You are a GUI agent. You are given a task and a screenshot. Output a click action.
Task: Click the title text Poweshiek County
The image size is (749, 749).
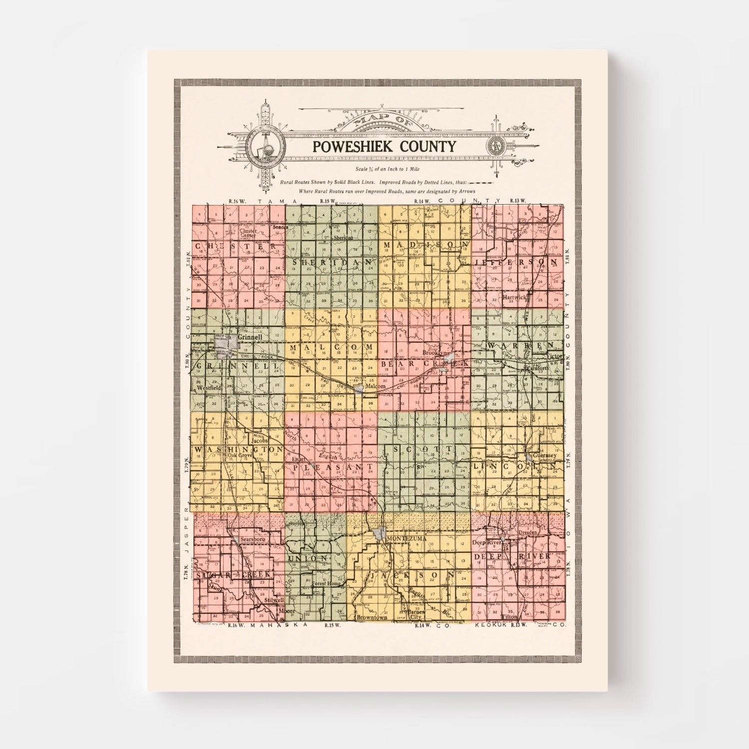384,146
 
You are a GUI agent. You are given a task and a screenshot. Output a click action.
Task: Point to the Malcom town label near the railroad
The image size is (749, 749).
375,386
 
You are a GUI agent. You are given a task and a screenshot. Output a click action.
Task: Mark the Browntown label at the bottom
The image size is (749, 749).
372,617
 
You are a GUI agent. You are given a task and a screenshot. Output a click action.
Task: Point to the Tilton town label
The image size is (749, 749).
510,617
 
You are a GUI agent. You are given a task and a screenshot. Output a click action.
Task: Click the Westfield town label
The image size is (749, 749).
209,387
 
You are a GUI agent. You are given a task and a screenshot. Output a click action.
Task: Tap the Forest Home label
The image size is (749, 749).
326,583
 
